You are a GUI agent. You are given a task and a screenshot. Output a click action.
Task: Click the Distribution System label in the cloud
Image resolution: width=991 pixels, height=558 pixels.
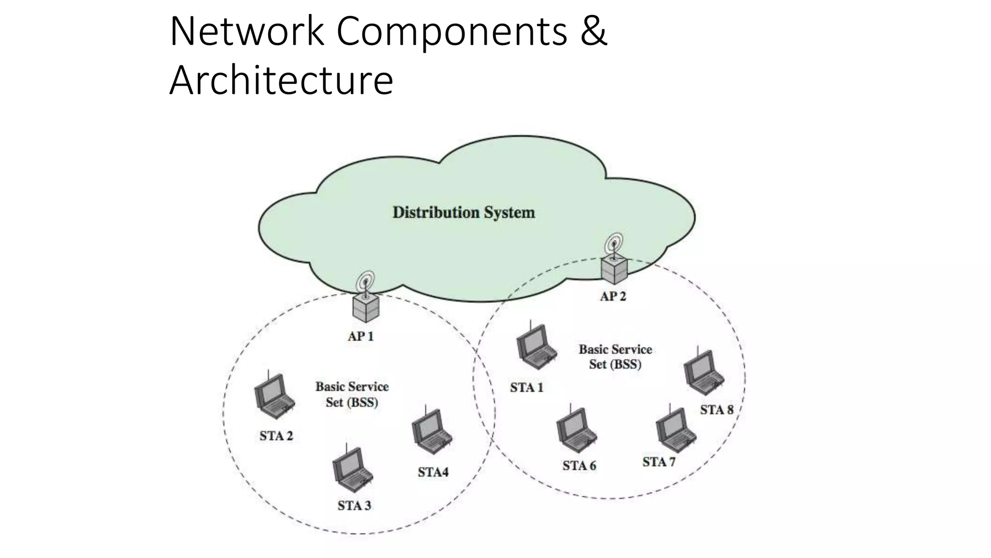point(464,213)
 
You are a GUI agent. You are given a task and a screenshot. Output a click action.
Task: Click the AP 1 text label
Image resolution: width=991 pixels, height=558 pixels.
point(360,336)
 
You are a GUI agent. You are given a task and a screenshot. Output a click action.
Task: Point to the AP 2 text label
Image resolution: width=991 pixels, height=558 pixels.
point(613,296)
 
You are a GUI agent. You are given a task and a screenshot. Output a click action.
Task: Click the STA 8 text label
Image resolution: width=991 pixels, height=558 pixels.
point(716,410)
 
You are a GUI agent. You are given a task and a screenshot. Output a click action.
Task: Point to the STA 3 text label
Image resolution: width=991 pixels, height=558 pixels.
point(354,506)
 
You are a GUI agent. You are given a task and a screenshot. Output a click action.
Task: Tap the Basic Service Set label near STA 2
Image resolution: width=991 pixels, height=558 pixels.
point(352,394)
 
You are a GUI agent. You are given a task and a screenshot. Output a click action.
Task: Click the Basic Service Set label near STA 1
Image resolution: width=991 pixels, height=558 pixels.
point(615,356)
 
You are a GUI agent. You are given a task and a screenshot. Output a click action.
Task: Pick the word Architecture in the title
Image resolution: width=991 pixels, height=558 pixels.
point(281,80)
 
